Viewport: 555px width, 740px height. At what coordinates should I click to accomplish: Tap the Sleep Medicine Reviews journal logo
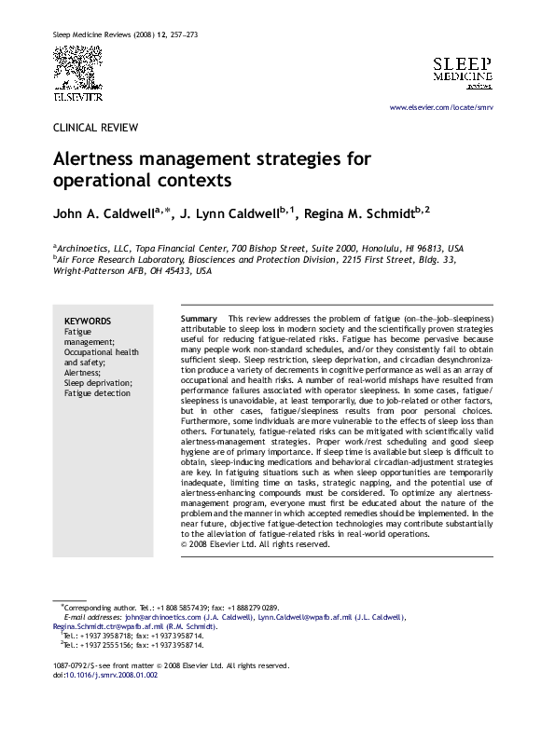[x=462, y=72]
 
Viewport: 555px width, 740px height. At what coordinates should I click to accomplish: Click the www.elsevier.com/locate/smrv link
[x=441, y=109]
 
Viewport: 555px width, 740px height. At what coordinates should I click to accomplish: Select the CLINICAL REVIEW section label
[x=95, y=128]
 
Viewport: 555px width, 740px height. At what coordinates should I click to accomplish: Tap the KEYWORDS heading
[x=88, y=321]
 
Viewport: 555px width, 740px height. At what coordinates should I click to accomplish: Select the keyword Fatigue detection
[x=98, y=393]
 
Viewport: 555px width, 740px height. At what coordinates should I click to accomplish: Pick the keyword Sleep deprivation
[x=97, y=383]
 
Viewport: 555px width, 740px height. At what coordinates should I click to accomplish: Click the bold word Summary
[x=199, y=319]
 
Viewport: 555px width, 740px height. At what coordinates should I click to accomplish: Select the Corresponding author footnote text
[x=99, y=607]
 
